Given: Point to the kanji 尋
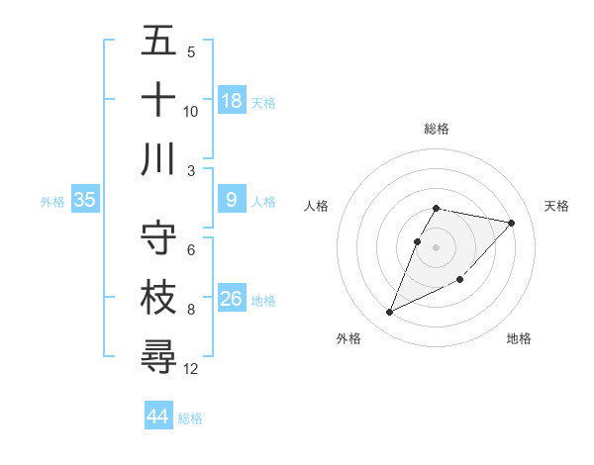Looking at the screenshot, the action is pyautogui.click(x=158, y=356).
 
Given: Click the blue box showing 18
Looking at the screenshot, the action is pyautogui.click(x=232, y=101).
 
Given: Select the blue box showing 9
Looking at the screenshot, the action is pyautogui.click(x=232, y=200).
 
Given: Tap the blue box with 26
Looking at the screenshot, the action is pyautogui.click(x=232, y=299).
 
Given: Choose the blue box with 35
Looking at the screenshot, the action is pyautogui.click(x=84, y=200).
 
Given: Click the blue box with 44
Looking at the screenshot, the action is pyautogui.click(x=157, y=417).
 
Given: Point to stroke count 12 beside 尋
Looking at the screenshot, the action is pyautogui.click(x=192, y=369).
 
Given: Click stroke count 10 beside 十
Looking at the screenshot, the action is pyautogui.click(x=191, y=112).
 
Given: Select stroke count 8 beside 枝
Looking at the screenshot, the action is pyautogui.click(x=191, y=310).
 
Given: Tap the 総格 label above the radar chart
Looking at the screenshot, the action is pyautogui.click(x=437, y=129).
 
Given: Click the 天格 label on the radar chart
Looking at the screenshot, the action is pyautogui.click(x=556, y=206).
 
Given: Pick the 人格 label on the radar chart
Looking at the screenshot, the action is pyautogui.click(x=317, y=206).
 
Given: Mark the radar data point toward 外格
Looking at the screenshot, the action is pyautogui.click(x=390, y=313).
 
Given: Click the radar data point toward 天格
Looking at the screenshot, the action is pyautogui.click(x=511, y=224).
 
